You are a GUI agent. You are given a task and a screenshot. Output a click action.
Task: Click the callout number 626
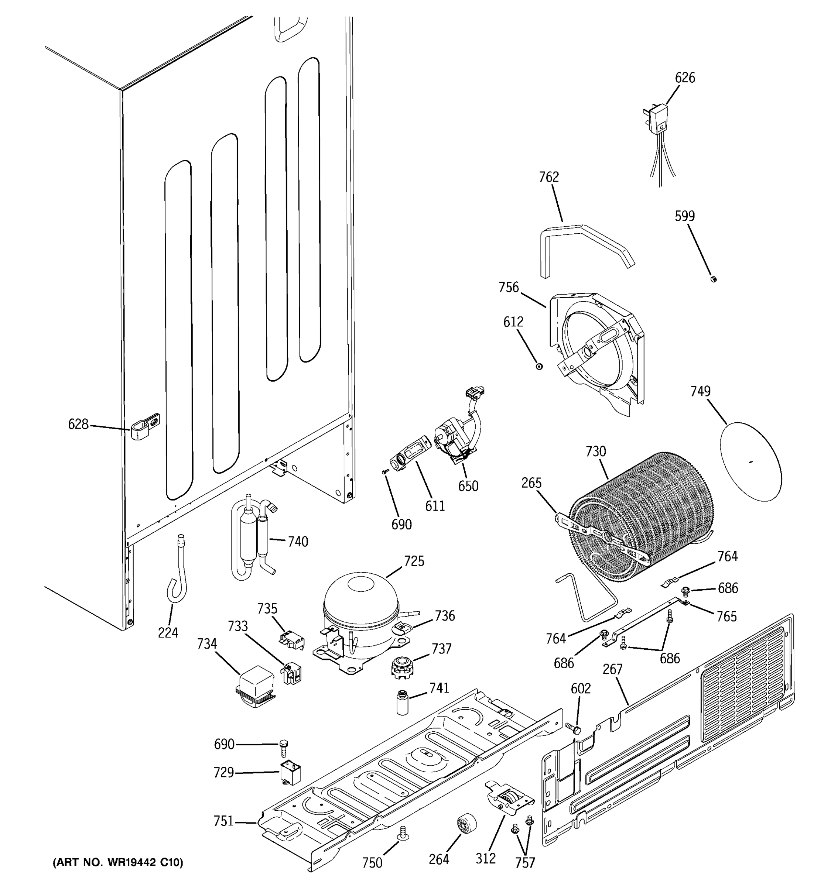click(x=685, y=78)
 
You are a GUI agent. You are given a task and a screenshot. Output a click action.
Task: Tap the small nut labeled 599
click(x=713, y=279)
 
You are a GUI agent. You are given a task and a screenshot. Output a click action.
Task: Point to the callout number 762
click(x=549, y=177)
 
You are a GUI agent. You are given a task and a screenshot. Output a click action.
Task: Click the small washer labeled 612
click(x=540, y=366)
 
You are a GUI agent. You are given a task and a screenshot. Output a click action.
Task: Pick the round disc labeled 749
click(x=751, y=462)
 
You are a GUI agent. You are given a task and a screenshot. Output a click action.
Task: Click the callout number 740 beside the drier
click(x=298, y=542)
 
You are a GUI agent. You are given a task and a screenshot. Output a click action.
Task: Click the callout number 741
click(x=439, y=688)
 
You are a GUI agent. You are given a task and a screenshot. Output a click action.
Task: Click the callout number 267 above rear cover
click(x=613, y=669)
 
